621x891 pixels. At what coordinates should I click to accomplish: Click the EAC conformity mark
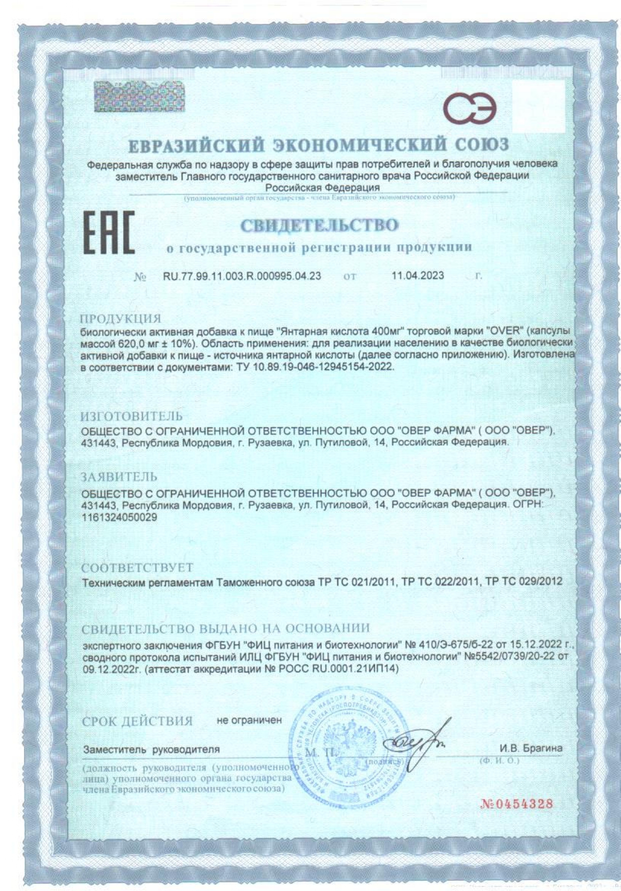coord(108,233)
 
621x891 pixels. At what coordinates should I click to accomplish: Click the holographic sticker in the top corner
coord(139,97)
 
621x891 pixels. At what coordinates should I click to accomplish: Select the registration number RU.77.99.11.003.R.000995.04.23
coord(242,276)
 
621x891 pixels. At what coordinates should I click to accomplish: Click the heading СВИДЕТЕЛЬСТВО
coord(319,225)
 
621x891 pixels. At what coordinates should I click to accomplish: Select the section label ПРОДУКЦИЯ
coord(121,319)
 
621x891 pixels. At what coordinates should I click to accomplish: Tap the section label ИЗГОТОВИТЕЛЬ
coord(131,416)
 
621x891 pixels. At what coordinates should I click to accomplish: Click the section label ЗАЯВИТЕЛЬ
coord(119,477)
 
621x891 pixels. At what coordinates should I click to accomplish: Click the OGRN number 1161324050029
coord(119,517)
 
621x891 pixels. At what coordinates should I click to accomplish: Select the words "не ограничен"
coord(249,720)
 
